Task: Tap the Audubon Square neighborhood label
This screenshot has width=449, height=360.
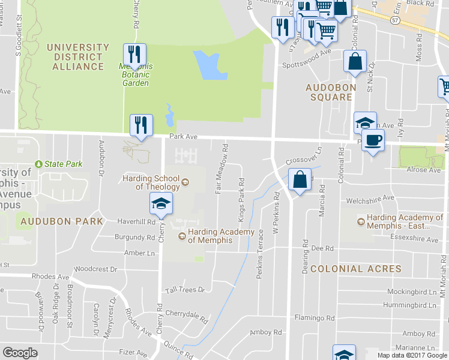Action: coord(328,92)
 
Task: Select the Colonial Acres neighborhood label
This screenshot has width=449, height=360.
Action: coord(346,269)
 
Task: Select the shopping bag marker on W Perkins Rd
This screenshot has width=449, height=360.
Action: coord(299,179)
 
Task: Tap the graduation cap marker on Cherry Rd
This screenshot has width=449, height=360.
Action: coord(161,204)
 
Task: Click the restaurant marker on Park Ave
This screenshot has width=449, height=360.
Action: coord(142,125)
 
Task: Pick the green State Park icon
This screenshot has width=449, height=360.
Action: coord(40,164)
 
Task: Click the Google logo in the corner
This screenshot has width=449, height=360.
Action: coord(20,353)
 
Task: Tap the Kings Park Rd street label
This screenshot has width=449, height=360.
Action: coord(242,199)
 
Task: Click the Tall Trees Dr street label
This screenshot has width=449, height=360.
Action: coord(185,289)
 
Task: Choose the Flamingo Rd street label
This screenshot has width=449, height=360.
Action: coord(314,317)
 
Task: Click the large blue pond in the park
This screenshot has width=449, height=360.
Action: coord(209,65)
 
